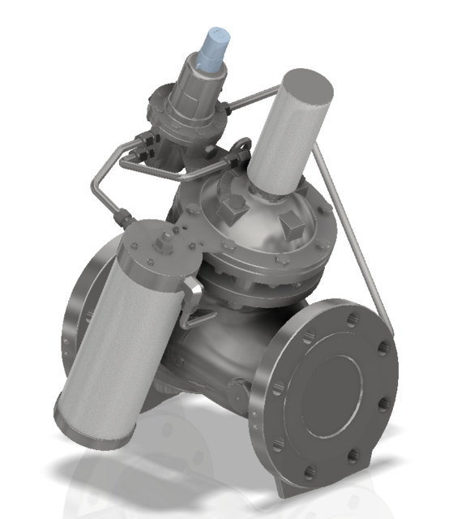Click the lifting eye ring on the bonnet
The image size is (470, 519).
click(x=238, y=154)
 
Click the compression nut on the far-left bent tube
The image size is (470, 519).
click(x=123, y=217)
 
